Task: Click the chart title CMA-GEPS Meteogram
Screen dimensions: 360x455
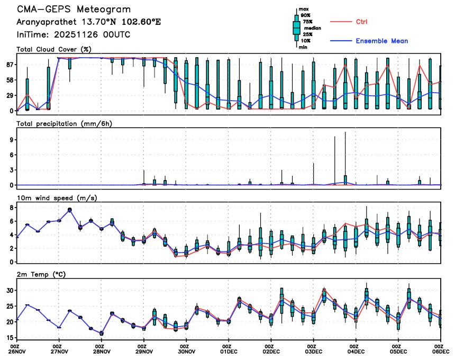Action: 74,10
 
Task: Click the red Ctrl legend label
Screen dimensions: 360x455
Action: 362,22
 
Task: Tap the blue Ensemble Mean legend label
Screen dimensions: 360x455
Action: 381,41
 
